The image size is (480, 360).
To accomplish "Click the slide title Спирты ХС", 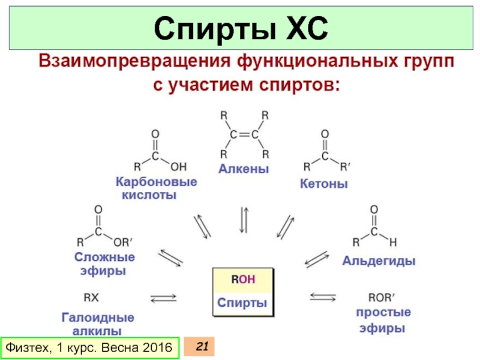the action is (239, 28).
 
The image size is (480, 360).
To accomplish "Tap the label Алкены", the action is (243, 169).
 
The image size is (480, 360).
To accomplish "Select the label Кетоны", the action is (324, 184).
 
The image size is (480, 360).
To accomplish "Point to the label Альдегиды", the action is (379, 261).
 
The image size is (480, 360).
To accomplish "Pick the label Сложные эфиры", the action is (104, 263).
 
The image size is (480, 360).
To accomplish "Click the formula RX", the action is (91, 296).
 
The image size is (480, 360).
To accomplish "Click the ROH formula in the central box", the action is (243, 279).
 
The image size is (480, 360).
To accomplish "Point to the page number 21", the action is (202, 346).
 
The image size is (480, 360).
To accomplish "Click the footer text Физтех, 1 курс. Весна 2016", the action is (88, 347).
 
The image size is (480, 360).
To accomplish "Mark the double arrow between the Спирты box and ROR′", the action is (323, 296).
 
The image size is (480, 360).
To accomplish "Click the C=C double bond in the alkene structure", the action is (244, 133).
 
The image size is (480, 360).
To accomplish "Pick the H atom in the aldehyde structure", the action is (393, 243).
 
